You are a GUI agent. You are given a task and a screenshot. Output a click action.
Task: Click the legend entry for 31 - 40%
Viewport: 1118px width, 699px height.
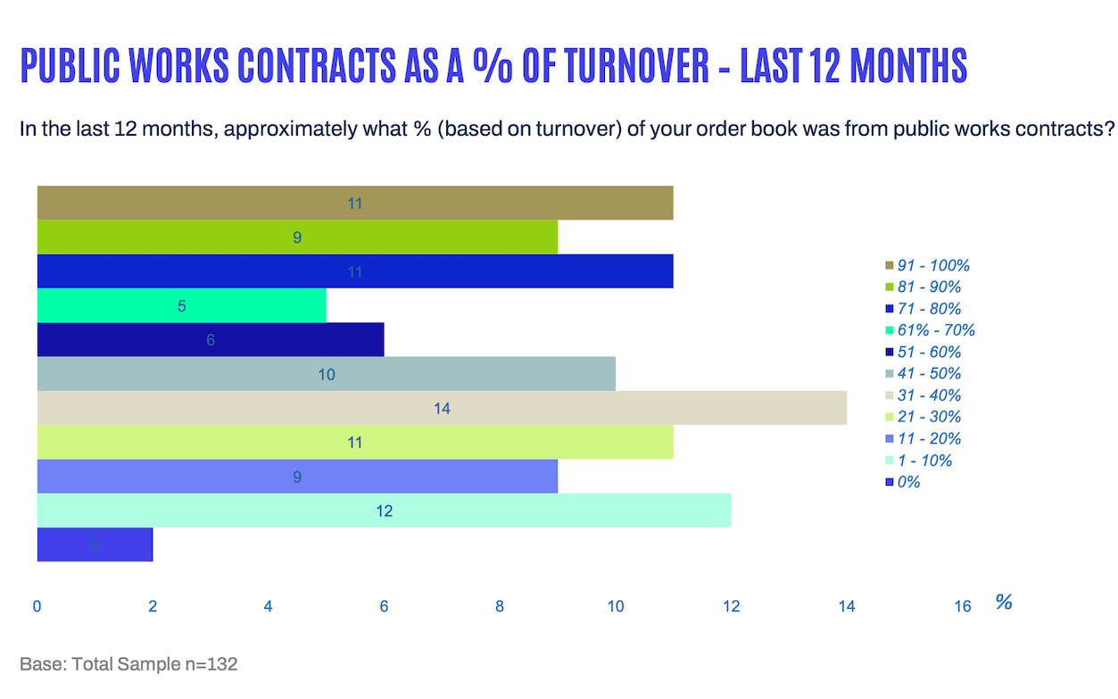tap(929, 395)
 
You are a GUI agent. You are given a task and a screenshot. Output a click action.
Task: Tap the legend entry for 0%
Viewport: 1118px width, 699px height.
tap(908, 482)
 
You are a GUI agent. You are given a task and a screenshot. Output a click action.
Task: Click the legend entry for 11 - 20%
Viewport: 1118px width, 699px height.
tap(929, 438)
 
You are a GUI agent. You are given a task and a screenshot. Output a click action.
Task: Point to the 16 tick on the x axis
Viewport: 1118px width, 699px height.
tap(962, 607)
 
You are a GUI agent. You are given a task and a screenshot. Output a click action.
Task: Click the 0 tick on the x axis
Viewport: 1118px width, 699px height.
tap(37, 607)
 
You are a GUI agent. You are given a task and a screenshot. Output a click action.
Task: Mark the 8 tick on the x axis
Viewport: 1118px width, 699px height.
tap(500, 607)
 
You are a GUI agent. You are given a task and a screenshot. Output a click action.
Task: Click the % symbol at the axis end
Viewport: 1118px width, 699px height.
tap(1004, 603)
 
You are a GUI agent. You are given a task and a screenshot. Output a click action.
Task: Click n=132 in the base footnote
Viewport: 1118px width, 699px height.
tap(210, 664)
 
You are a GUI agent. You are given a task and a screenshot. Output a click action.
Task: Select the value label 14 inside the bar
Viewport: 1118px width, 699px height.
tap(442, 408)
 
